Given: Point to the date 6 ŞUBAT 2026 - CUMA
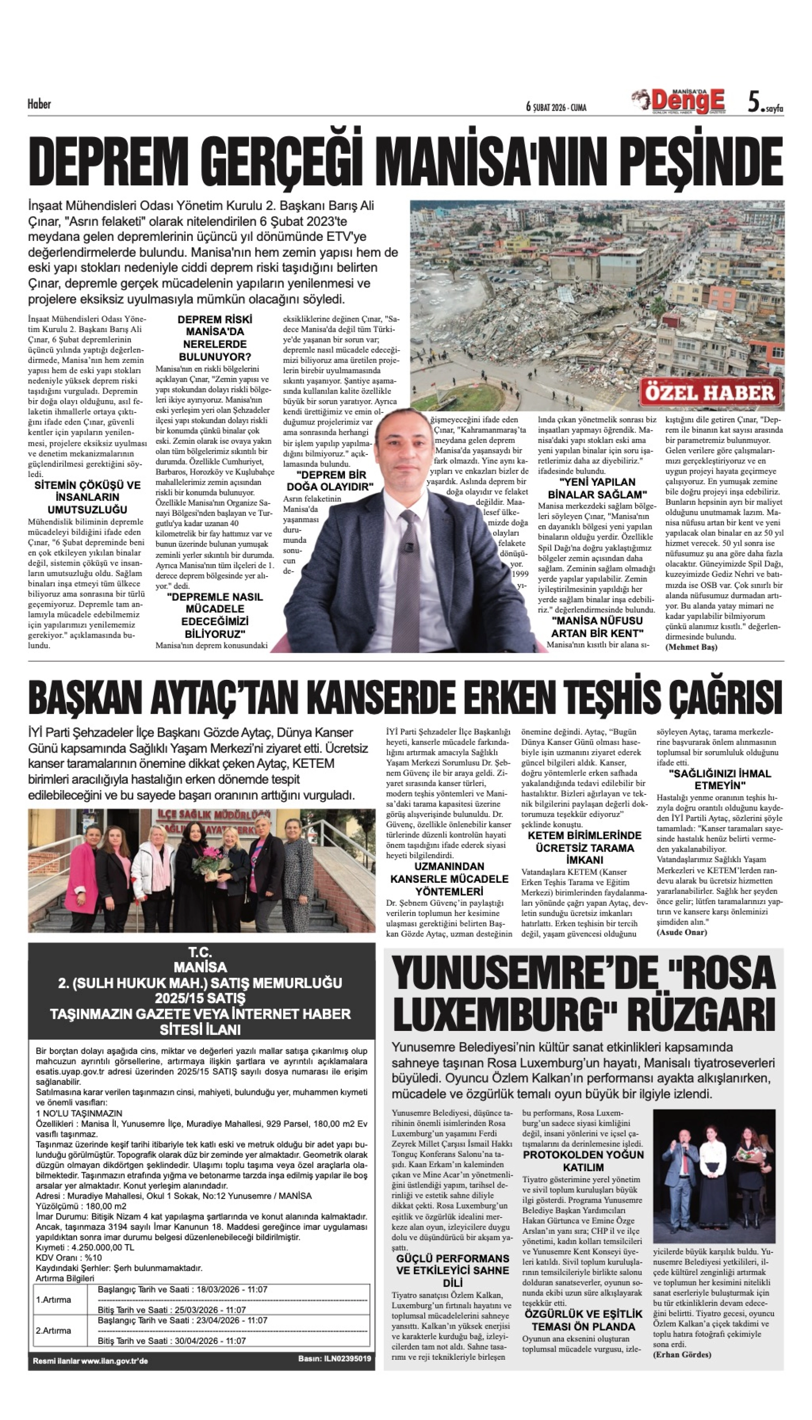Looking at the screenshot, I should tap(556, 107).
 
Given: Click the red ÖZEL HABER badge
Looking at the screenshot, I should tap(710, 393).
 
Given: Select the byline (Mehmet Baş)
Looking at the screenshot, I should tap(691, 647).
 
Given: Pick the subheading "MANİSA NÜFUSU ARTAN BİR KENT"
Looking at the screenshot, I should tap(597, 627).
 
